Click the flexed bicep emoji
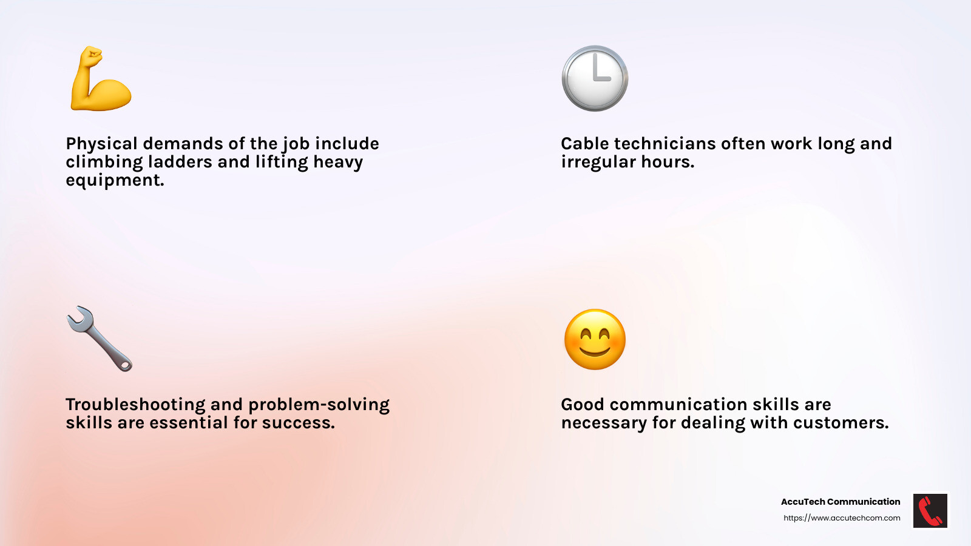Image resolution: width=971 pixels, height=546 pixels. [101, 79]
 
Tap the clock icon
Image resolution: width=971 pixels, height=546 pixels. [595, 78]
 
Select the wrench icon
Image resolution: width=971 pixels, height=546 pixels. [100, 339]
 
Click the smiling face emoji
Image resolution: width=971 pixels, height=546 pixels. [595, 339]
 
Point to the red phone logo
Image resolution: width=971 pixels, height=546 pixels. [930, 510]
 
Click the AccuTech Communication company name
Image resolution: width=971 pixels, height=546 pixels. [840, 502]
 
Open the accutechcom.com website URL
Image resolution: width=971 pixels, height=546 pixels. [842, 518]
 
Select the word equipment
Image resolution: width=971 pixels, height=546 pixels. [115, 181]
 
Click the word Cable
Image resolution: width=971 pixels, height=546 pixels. [584, 144]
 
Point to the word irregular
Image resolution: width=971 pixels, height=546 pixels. [598, 162]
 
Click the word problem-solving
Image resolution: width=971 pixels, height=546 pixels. [319, 405]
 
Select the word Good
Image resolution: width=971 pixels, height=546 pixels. [582, 405]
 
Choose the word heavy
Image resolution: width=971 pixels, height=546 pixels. [338, 162]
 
